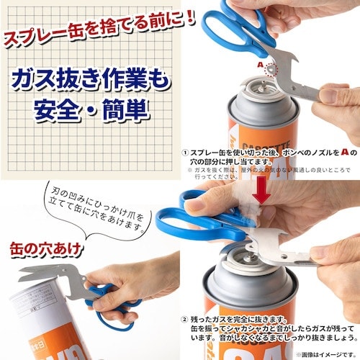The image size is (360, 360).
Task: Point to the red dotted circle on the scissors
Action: [271, 70]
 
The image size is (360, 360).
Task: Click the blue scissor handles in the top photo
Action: [230, 25]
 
